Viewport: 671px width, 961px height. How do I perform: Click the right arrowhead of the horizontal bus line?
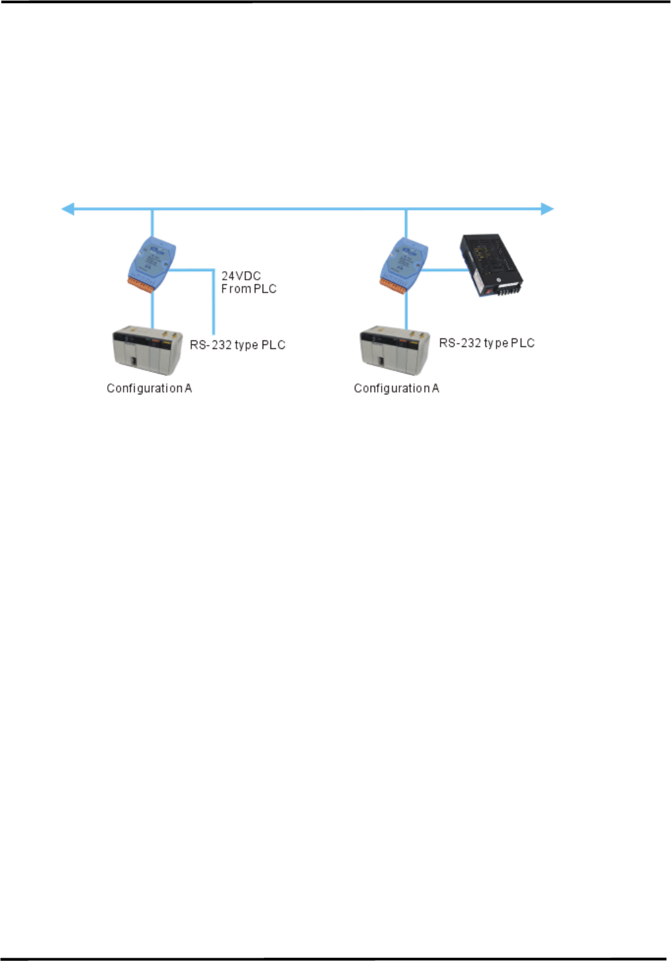click(548, 209)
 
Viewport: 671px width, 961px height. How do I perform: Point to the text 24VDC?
click(241, 276)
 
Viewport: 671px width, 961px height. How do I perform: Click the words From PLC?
click(249, 289)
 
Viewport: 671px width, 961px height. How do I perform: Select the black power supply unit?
click(492, 265)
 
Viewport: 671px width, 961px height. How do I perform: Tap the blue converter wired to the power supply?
click(404, 262)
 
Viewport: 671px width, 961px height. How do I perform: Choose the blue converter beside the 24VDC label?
click(152, 262)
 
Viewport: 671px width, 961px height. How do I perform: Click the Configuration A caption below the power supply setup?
click(397, 389)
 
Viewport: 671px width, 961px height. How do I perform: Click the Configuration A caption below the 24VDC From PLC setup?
click(150, 389)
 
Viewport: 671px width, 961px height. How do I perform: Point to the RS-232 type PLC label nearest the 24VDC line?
click(238, 345)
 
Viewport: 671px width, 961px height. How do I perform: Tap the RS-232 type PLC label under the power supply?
click(487, 343)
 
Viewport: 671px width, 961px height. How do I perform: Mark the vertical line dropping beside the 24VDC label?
click(214, 301)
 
